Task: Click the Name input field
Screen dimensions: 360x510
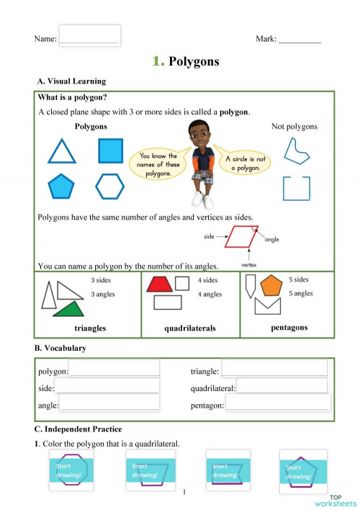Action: [89, 35]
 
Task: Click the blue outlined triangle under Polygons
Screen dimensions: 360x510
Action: [61, 152]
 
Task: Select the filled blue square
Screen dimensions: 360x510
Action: [110, 151]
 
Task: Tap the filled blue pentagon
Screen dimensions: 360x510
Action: [61, 187]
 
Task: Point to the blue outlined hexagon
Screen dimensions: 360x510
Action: [110, 186]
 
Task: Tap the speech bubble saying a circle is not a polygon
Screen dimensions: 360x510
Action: [246, 164]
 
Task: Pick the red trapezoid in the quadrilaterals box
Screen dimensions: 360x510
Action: [158, 284]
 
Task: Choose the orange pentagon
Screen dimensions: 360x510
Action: [271, 286]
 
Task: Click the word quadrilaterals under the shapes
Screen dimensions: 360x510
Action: [190, 328]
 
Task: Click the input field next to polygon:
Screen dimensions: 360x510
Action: [114, 369]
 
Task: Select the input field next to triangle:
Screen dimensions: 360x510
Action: [275, 369]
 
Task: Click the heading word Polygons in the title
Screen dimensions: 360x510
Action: [194, 62]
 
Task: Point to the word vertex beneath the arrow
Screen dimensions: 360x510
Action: [249, 265]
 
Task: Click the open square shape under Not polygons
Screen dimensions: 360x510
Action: [297, 187]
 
